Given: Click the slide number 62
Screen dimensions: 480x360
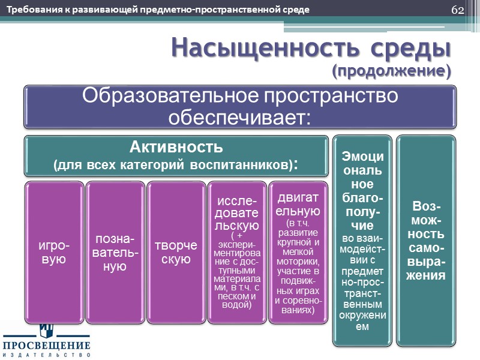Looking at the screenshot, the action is point(457,10).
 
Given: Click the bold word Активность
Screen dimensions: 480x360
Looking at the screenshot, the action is point(177,146).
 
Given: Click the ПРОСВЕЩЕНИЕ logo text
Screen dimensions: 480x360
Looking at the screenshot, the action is point(46,346).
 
